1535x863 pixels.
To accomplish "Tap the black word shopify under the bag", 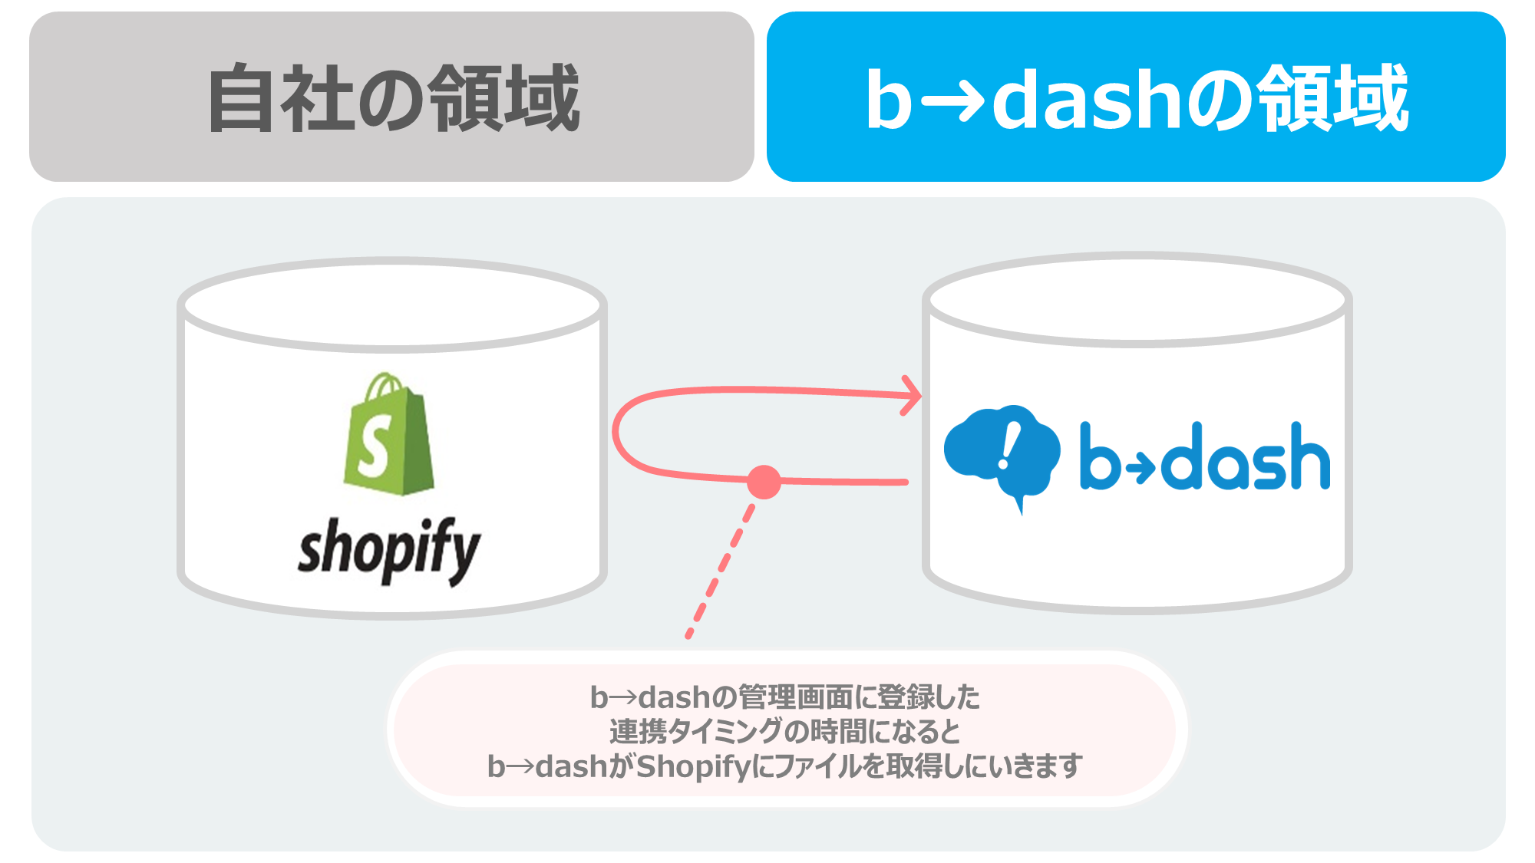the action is [389, 549].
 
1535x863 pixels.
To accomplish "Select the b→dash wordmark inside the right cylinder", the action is [1205, 457].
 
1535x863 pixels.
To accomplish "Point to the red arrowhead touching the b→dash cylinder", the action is [912, 396].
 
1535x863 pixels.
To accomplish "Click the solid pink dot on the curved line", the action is [764, 482].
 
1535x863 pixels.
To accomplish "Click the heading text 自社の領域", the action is [393, 98].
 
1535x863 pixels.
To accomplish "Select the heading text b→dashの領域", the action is [1137, 98].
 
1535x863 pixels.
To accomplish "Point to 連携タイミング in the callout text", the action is [696, 732].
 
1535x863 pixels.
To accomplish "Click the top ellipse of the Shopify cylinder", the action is [392, 305].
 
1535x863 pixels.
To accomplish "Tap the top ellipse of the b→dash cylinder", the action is [1137, 299].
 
